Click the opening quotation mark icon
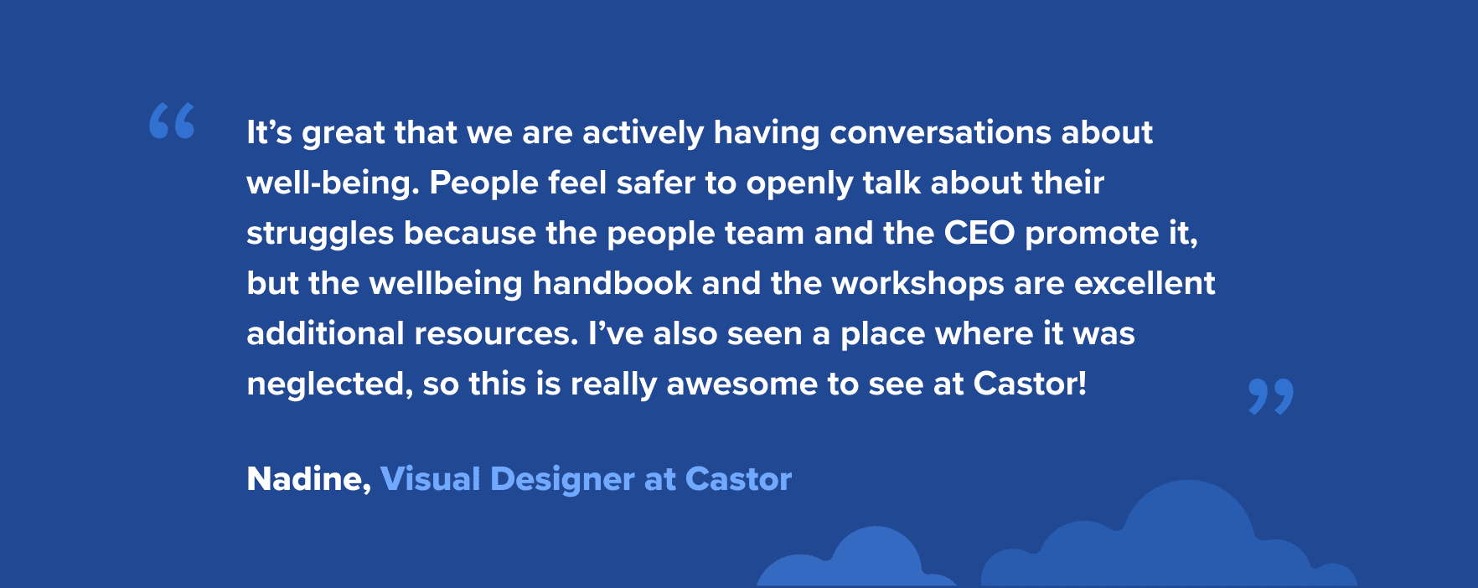click(x=172, y=121)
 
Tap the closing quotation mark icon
click(x=1270, y=396)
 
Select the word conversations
click(x=941, y=132)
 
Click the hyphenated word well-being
click(x=333, y=183)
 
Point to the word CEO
click(x=979, y=233)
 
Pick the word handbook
click(x=612, y=283)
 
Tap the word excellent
click(x=1145, y=283)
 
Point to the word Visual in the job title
click(x=430, y=479)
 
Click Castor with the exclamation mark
click(x=1030, y=384)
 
